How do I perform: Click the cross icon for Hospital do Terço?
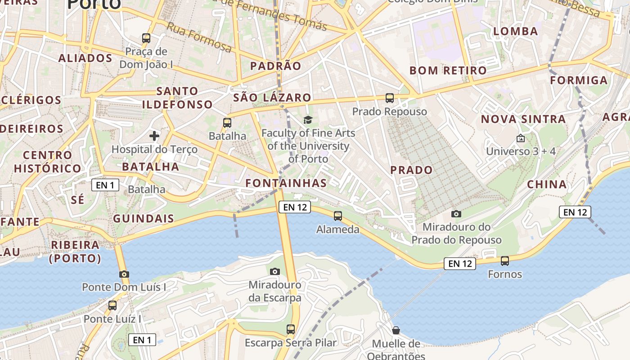click(154, 135)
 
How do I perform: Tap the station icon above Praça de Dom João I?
click(146, 38)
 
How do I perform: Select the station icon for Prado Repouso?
click(390, 98)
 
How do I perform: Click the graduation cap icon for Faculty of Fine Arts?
click(308, 120)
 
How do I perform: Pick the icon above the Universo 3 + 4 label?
click(521, 138)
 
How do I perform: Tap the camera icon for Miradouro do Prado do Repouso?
click(456, 214)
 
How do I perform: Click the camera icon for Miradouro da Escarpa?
click(275, 271)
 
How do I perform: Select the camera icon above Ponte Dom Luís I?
click(124, 274)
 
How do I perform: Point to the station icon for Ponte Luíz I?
click(112, 306)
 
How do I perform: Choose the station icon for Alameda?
click(338, 216)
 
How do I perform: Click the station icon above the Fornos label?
click(505, 261)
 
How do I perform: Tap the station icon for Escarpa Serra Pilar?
click(291, 329)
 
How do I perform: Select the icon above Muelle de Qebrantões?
click(396, 331)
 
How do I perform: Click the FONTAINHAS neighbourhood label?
click(286, 183)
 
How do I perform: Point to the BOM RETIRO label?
click(448, 71)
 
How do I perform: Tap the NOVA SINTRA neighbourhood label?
click(523, 119)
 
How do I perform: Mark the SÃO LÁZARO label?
click(272, 98)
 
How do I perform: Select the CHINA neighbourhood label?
click(547, 184)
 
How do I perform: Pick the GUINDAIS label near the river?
click(144, 219)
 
